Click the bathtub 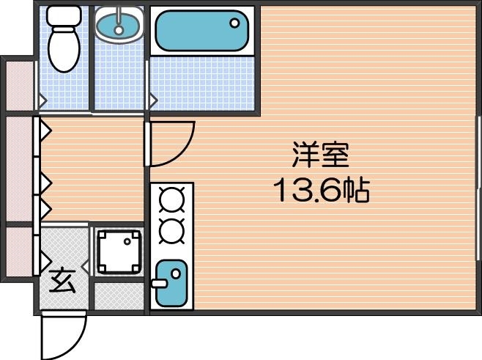[x=201, y=32]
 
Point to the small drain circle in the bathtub [x=236, y=22]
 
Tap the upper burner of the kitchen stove [x=171, y=199]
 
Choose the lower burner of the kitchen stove [x=171, y=229]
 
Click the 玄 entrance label [x=62, y=281]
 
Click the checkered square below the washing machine [x=119, y=294]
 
